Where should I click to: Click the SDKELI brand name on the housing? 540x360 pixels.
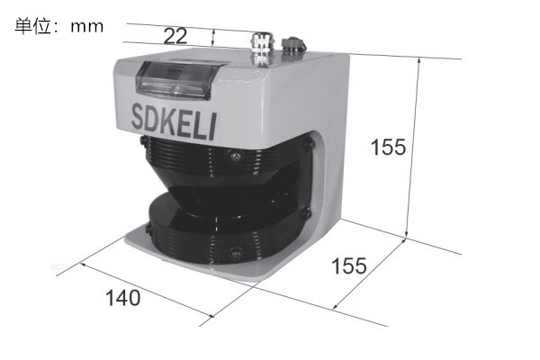coord(174,121)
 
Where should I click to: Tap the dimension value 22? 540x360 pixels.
coord(175,36)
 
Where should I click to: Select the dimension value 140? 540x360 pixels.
coord(123,298)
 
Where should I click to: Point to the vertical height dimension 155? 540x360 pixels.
coord(389,147)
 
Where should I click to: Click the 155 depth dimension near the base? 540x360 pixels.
coord(349,266)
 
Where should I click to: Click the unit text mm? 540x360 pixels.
coord(86,27)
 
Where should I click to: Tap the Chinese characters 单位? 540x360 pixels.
coord(33,26)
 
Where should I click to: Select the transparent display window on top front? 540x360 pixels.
coord(177,80)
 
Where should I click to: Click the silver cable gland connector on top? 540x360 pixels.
coord(262,49)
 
